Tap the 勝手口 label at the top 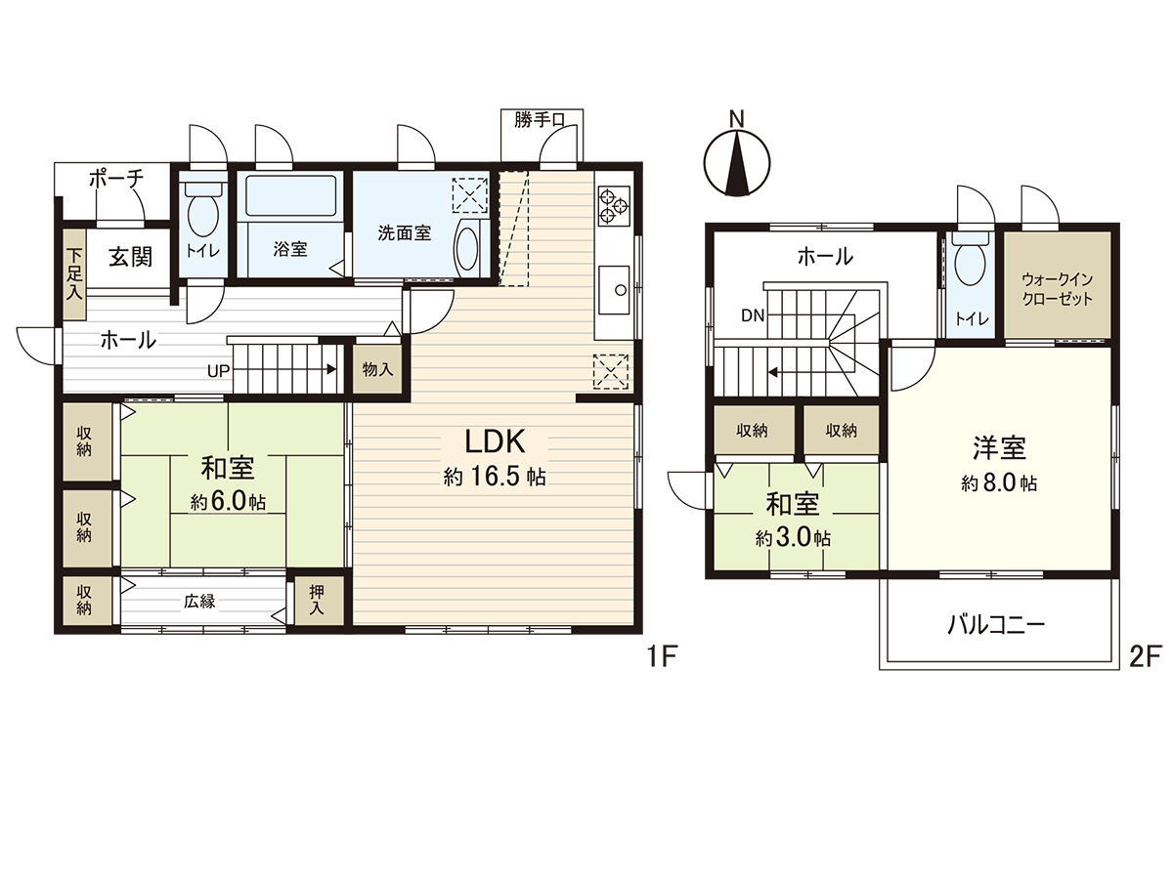tap(540, 120)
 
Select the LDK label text tap(496, 442)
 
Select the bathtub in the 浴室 tap(290, 196)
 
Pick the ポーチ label tap(116, 179)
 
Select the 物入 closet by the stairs tap(377, 370)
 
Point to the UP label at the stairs tap(218, 371)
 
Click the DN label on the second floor tap(753, 314)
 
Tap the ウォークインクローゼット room tap(1058, 286)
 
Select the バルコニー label tap(996, 624)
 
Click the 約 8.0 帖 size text tap(998, 483)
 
